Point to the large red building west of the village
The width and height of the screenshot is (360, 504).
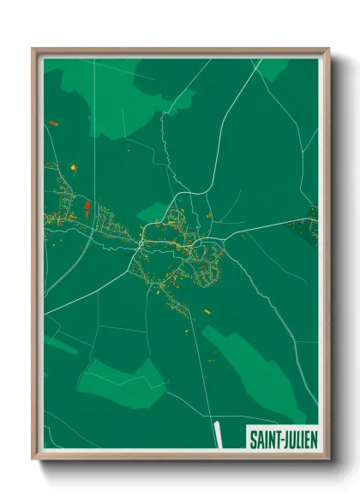click(87, 206)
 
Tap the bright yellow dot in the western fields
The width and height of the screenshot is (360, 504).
click(73, 166)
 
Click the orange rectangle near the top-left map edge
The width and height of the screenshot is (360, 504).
click(54, 124)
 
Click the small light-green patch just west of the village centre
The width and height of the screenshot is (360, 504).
click(152, 211)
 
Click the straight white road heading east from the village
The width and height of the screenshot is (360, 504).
click(266, 225)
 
